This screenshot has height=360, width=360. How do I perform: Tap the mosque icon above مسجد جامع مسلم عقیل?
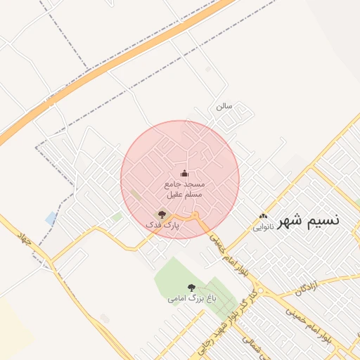[184, 173]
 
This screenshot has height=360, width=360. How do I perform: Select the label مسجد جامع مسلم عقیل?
[184, 188]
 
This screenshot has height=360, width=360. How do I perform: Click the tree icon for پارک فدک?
[162, 214]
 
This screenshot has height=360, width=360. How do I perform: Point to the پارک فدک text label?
[162, 225]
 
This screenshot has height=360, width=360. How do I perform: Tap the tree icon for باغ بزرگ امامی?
[192, 287]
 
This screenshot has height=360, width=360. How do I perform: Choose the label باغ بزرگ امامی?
[192, 298]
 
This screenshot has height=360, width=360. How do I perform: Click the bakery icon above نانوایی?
[264, 217]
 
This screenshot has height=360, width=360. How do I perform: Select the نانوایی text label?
[264, 227]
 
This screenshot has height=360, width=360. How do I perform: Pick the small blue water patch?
[51, 218]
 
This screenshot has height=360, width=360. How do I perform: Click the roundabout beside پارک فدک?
[195, 214]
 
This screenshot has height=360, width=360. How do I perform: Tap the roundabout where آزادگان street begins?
[262, 290]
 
